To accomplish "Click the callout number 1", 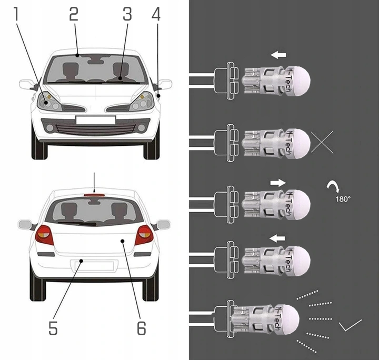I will click(x=17, y=15).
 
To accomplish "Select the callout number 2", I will click(x=74, y=15).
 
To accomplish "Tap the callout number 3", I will click(x=127, y=15).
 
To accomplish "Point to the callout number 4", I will click(x=156, y=15).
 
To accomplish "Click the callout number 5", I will click(x=53, y=327).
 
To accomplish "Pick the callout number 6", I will click(x=141, y=327).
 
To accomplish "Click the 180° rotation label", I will click(x=343, y=199).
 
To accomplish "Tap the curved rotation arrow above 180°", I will click(x=334, y=187).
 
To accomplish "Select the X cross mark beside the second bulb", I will click(x=322, y=142).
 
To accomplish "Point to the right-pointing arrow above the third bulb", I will click(x=278, y=182).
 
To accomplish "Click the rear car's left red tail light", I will click(x=44, y=235).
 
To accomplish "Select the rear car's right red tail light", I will click(x=144, y=235).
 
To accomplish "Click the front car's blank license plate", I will click(x=95, y=120).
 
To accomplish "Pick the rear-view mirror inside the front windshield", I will click(x=96, y=62).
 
